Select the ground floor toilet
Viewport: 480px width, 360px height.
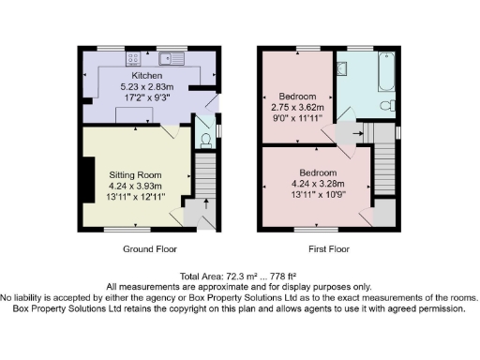tap(206, 141)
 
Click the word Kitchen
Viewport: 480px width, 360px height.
tap(148, 75)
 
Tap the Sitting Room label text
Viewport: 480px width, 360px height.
tap(137, 174)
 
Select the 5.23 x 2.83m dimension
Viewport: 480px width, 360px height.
tap(148, 85)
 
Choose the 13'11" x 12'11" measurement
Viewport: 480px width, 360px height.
tap(137, 195)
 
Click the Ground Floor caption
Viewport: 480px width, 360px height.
tap(150, 249)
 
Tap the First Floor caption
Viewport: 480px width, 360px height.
tap(328, 249)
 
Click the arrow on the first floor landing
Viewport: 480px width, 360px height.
tap(357, 133)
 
